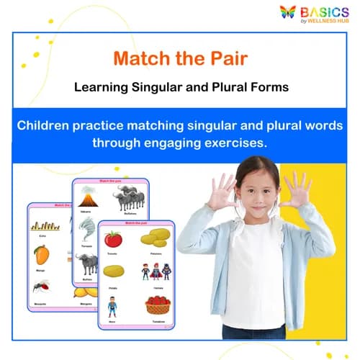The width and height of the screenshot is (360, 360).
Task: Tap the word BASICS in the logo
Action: (326, 12)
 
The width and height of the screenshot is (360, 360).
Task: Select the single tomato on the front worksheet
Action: (112, 240)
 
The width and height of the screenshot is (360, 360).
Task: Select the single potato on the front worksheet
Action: (113, 271)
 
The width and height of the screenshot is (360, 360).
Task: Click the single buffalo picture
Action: (86, 263)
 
